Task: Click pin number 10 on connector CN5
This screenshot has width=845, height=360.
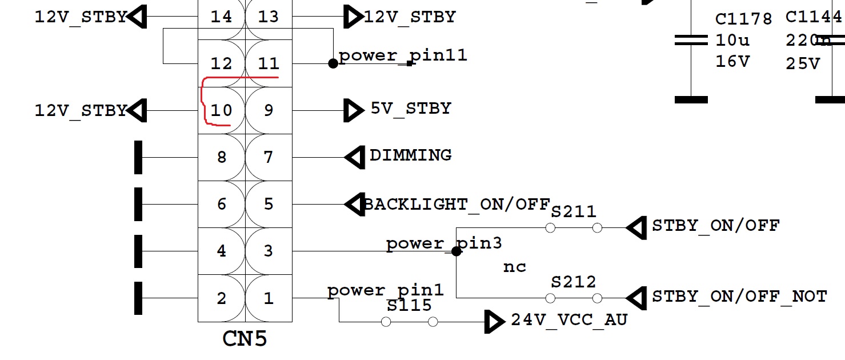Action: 221,110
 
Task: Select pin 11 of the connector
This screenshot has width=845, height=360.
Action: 269,63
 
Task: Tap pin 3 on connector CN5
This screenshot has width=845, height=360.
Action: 269,251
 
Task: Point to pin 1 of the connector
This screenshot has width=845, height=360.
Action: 269,298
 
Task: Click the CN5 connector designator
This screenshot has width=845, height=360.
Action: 245,339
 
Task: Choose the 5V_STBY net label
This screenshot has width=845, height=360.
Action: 411,109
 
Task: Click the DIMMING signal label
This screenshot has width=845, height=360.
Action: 411,155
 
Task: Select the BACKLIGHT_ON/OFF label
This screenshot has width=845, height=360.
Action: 456,204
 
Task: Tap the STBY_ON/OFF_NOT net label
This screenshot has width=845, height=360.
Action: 739,297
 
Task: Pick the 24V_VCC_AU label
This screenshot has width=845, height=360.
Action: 569,320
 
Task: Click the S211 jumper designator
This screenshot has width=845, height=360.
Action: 574,212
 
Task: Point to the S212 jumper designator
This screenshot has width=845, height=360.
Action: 574,282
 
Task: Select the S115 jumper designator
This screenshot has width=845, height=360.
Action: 409,306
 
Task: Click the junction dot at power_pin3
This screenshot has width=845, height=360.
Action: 456,251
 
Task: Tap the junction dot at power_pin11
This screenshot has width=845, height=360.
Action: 333,63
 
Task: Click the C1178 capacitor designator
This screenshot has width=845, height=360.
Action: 743,19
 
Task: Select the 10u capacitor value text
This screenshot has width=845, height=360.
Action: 732,41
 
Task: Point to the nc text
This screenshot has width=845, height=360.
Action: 514,267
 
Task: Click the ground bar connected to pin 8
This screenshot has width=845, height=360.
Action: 138,157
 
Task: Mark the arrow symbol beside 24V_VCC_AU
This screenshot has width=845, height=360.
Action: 494,322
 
